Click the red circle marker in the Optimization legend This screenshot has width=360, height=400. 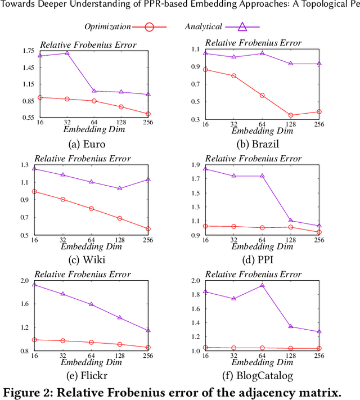[x=149, y=26]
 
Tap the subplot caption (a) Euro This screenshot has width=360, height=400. [x=87, y=143]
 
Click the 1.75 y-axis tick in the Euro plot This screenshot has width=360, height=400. [x=28, y=51]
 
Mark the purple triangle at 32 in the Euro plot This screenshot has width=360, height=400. [x=67, y=53]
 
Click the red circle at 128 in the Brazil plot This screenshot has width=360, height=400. [x=291, y=115]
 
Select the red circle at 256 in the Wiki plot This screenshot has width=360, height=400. [x=148, y=229]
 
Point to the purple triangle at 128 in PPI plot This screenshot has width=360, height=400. [x=291, y=221]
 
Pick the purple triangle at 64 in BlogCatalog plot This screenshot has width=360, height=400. [x=262, y=285]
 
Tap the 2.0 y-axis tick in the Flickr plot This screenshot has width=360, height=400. [x=29, y=281]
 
